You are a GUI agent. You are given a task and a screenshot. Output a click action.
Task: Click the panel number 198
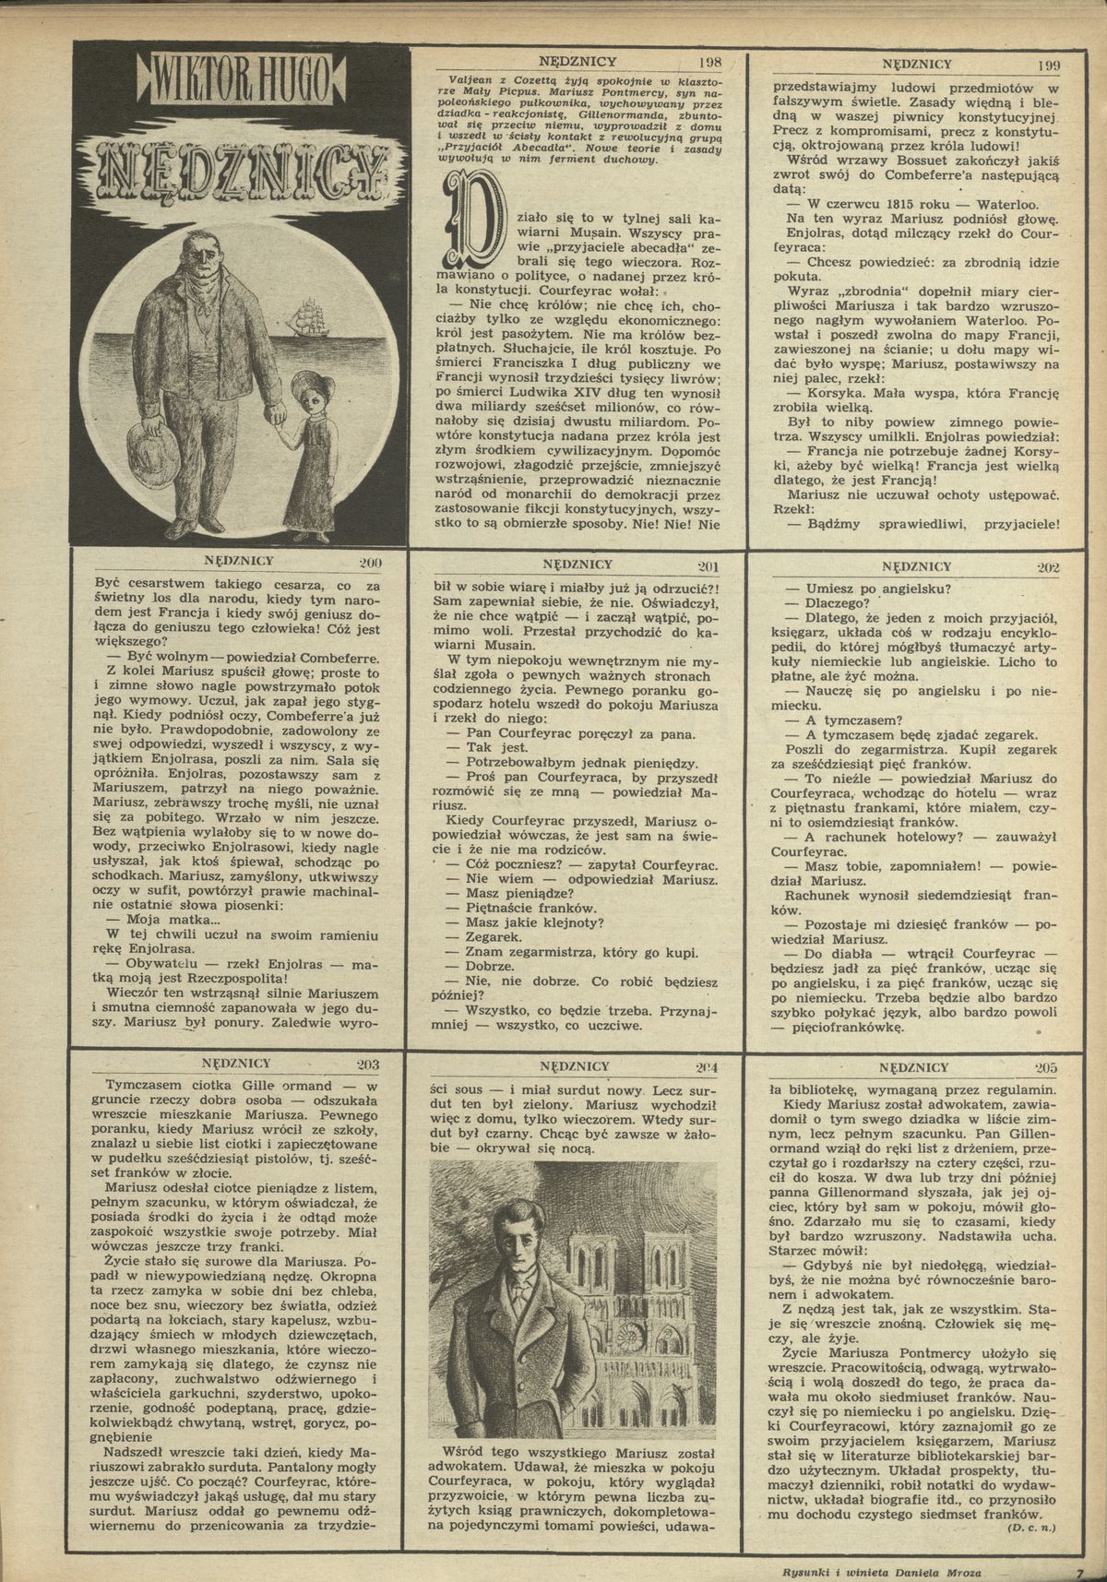point(710,64)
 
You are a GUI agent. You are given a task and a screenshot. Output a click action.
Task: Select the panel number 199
point(1049,65)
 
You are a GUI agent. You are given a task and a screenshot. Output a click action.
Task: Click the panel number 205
point(1046,1068)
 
